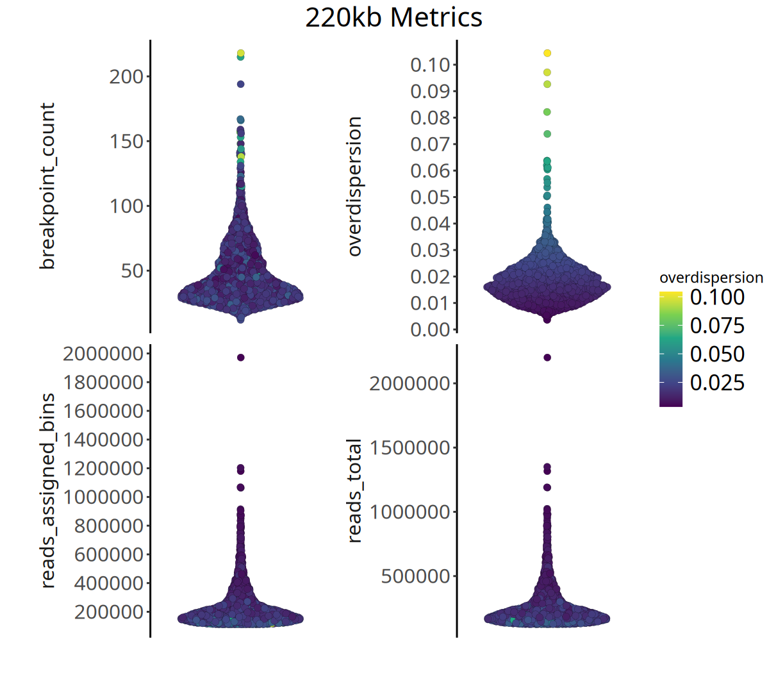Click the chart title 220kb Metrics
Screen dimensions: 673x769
coord(393,17)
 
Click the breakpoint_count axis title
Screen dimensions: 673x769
coord(47,186)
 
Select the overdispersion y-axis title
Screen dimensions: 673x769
coord(354,186)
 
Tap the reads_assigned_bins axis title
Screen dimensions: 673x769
coord(47,490)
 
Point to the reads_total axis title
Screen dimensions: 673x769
coord(354,490)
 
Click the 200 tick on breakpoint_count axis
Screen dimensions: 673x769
coord(126,77)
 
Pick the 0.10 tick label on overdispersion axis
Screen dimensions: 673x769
coord(430,65)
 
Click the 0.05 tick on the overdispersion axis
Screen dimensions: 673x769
coord(430,197)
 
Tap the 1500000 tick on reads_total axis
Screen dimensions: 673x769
coord(409,448)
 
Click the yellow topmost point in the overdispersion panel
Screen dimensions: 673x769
coord(547,53)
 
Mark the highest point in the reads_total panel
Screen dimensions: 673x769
coord(547,358)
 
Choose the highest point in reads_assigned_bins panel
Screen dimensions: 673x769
coord(240,358)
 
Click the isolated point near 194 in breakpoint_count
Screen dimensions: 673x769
coord(240,84)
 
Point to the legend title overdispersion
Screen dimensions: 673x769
coord(711,278)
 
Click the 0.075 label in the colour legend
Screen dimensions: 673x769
coord(717,326)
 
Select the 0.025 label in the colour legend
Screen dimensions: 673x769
coord(717,383)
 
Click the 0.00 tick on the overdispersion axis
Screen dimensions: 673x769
coord(430,329)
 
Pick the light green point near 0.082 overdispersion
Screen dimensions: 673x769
coord(547,112)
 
